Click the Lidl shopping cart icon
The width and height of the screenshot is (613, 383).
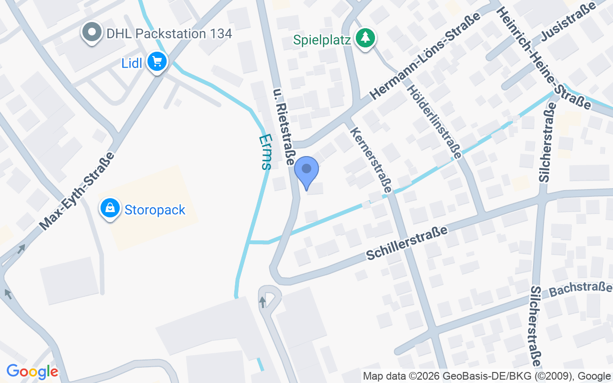157,62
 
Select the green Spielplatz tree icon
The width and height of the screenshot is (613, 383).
366,38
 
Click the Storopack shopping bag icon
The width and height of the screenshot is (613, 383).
110,209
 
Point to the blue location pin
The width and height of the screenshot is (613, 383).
306,172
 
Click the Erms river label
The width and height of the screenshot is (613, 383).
265,152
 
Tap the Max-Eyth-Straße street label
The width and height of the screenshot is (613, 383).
77,191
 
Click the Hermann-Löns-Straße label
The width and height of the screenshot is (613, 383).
426,56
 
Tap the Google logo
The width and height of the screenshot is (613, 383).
32,372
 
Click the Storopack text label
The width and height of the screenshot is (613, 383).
155,210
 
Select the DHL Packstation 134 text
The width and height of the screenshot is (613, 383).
169,34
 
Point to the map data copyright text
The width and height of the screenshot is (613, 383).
487,376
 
